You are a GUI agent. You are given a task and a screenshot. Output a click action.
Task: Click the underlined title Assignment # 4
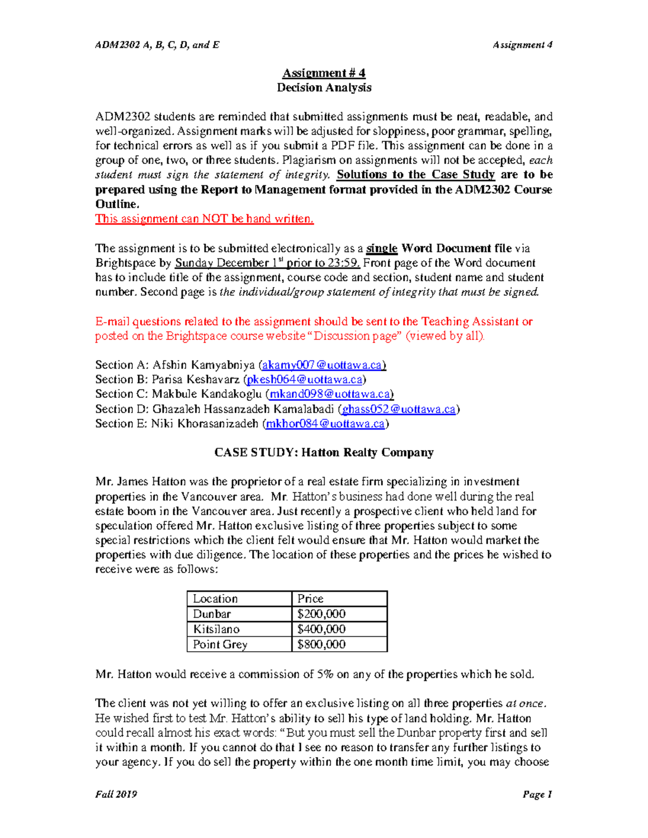click(x=323, y=73)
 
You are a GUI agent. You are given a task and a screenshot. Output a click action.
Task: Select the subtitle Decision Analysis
click(x=323, y=87)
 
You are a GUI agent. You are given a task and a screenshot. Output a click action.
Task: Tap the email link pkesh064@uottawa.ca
click(x=305, y=380)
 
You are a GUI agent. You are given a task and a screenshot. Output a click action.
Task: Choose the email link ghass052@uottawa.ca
click(x=399, y=410)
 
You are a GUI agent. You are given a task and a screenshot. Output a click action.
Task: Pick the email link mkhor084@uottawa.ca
click(x=325, y=424)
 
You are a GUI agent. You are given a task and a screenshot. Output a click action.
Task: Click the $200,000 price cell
click(x=321, y=614)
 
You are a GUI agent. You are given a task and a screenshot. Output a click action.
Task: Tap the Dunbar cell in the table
click(x=212, y=614)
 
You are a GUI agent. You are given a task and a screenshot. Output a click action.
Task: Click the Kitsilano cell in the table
click(x=217, y=629)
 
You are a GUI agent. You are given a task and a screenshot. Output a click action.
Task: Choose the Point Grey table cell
click(x=220, y=644)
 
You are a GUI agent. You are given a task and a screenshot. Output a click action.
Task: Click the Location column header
click(x=215, y=599)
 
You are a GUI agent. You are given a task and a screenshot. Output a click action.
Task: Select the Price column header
click(x=310, y=599)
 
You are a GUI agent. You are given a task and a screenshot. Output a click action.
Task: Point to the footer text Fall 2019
click(x=116, y=794)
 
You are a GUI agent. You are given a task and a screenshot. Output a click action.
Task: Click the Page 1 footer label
click(x=537, y=794)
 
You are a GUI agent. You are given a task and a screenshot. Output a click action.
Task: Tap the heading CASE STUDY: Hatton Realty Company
click(x=323, y=453)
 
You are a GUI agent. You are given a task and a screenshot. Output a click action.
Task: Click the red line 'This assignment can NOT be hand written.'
click(x=204, y=219)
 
